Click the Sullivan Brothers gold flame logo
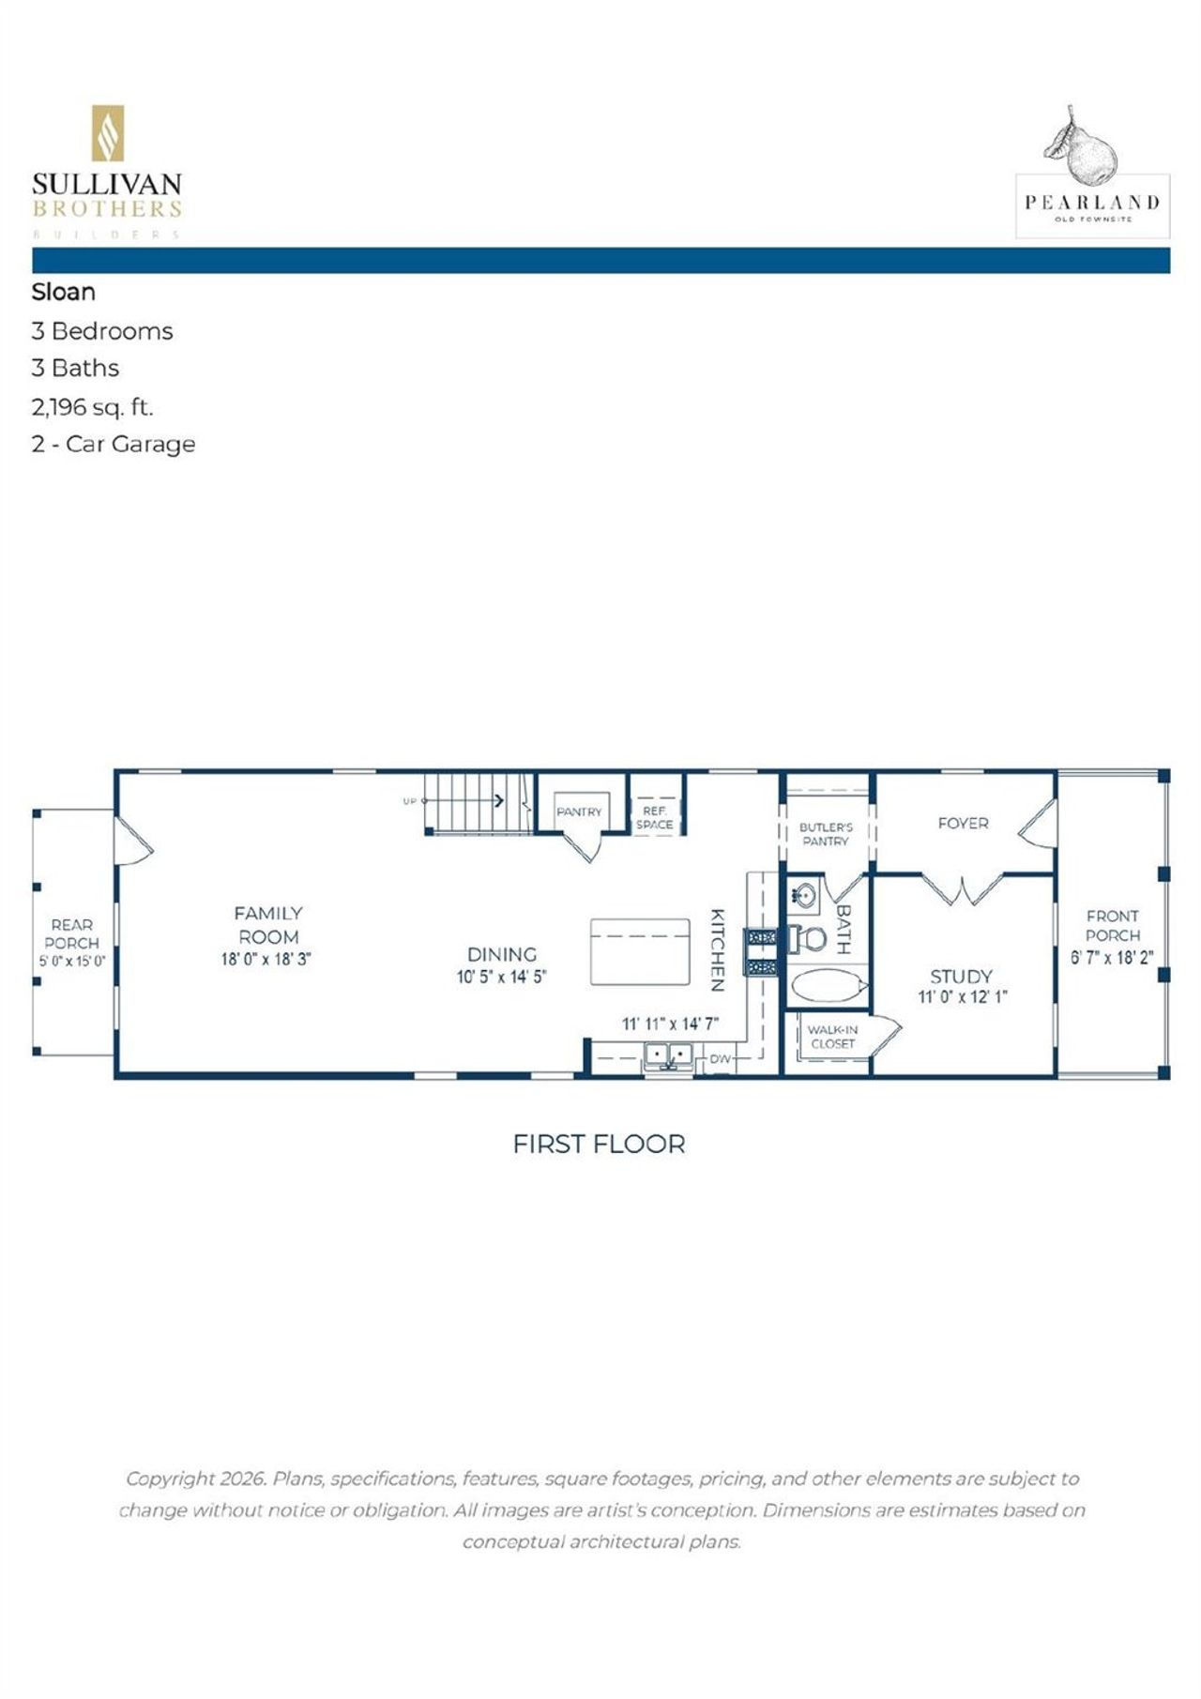point(107,133)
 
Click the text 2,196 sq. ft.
point(92,407)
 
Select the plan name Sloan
point(64,292)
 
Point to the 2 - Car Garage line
point(113,444)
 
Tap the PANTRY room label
point(579,812)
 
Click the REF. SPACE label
point(654,818)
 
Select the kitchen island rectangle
point(640,951)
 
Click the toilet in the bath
point(809,937)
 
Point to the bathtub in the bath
point(827,986)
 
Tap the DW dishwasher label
point(720,1059)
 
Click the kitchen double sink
point(668,1056)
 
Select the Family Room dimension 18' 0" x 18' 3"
point(266,960)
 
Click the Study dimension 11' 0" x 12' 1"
point(963,997)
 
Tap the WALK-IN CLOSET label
point(832,1037)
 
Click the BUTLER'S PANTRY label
point(826,834)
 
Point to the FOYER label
point(963,823)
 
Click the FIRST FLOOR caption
point(599,1144)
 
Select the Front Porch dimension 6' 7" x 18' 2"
point(1112,958)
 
